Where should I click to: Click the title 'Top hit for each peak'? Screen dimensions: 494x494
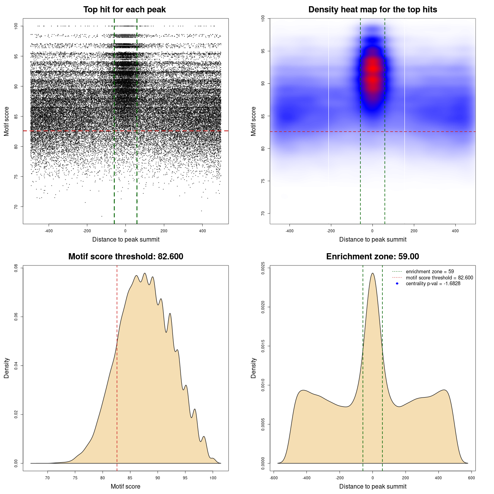click(124, 10)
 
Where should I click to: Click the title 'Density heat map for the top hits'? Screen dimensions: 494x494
click(372, 10)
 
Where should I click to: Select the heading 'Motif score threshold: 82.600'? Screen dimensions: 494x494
click(125, 257)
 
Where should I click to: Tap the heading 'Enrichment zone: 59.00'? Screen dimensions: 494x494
click(372, 257)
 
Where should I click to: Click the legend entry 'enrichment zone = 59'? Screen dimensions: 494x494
click(430, 272)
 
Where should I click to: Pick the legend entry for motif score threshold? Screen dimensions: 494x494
click(439, 277)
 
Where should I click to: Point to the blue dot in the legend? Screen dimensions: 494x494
click(397, 284)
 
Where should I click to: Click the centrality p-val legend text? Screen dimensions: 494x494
click(433, 284)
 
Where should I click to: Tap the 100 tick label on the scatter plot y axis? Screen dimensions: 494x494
click(16, 26)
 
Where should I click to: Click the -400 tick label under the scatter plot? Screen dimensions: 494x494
click(49, 231)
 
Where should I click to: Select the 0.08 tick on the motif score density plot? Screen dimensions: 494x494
click(16, 268)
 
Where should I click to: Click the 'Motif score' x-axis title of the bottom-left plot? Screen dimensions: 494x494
click(125, 487)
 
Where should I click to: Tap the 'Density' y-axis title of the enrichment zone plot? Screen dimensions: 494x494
click(254, 368)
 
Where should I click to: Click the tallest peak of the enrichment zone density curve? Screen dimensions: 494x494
click(372, 274)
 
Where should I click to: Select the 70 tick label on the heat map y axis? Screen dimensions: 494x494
click(263, 213)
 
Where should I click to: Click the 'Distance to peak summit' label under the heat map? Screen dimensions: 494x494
click(372, 240)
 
